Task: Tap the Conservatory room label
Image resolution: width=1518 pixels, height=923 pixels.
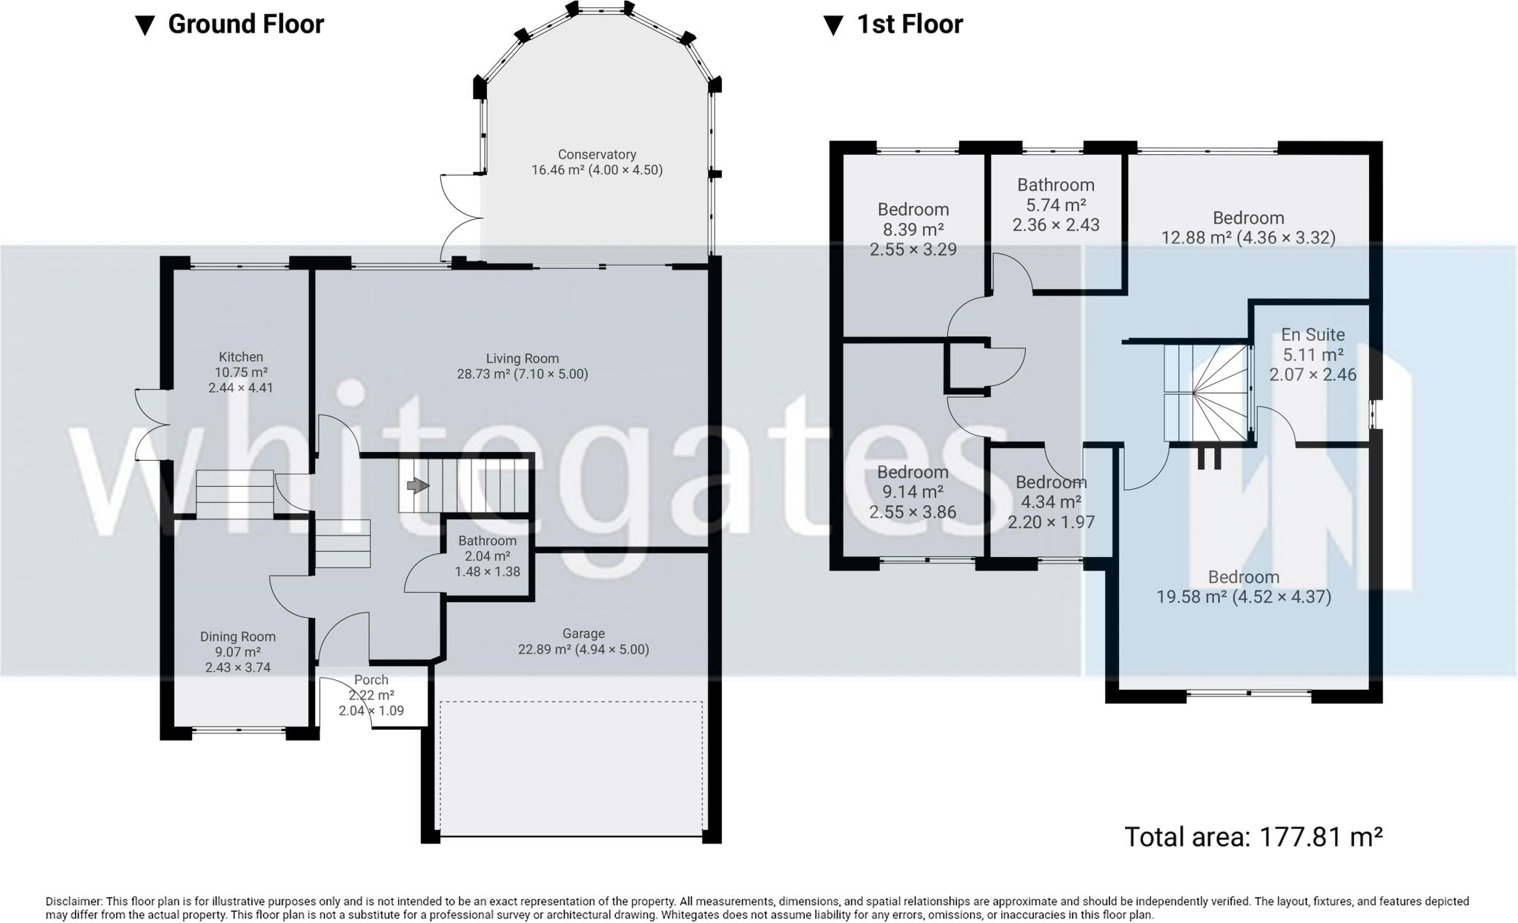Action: (x=597, y=155)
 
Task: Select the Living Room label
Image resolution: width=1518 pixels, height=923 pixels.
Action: (x=522, y=359)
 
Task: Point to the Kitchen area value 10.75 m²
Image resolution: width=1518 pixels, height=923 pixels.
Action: (x=241, y=373)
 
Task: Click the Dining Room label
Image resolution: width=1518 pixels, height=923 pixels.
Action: (x=237, y=636)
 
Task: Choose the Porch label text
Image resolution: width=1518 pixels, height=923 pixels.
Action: (x=371, y=679)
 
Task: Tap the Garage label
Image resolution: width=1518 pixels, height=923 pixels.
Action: (x=583, y=633)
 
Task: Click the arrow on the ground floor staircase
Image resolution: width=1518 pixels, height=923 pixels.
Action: (x=417, y=486)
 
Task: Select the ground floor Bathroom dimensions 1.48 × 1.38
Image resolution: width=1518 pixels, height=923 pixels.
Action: (x=487, y=572)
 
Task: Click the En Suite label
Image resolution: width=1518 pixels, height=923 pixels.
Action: (x=1313, y=335)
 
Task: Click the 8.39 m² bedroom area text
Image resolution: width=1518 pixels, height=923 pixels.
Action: (x=912, y=230)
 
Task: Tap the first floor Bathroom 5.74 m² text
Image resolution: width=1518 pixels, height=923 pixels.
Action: (x=1055, y=205)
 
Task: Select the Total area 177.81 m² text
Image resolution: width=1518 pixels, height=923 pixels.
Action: (x=1253, y=837)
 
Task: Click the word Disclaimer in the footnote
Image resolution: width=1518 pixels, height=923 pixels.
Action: (x=75, y=902)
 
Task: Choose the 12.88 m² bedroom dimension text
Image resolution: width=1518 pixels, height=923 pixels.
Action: (x=1247, y=238)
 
